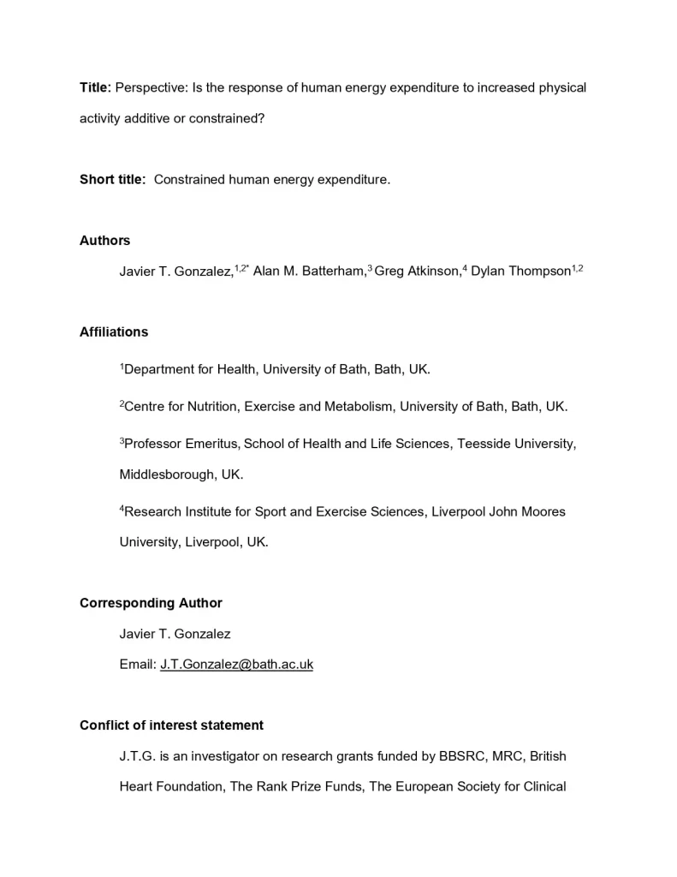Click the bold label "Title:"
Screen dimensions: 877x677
95,87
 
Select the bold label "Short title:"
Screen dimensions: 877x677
113,179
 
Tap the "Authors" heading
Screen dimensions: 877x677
105,241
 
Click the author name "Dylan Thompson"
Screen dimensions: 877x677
520,271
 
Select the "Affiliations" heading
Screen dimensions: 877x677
114,331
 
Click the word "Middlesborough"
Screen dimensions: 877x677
166,474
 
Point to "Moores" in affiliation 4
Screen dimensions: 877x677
543,511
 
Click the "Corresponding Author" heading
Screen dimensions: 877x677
151,603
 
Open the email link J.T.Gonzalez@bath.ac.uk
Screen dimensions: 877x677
236,665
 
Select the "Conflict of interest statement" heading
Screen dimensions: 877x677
171,725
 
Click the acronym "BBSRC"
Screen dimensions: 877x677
461,756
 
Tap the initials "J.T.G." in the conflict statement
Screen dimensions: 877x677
137,756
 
